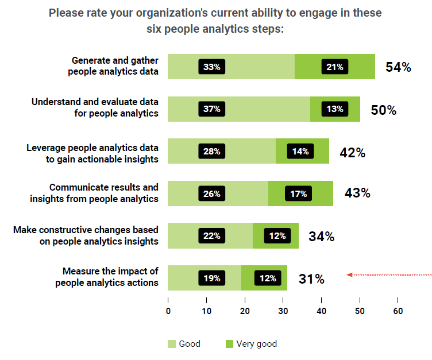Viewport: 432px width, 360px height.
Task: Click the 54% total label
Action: pos(398,67)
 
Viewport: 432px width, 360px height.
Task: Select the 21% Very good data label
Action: pos(334,67)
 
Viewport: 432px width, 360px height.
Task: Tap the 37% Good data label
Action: pos(211,109)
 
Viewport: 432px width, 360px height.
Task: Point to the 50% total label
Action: pos(383,110)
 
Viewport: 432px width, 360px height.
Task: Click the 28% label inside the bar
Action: pos(211,152)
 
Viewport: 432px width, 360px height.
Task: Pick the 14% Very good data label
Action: pos(300,152)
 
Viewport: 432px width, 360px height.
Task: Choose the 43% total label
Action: pos(357,193)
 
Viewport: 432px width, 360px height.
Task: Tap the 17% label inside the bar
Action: pos(298,194)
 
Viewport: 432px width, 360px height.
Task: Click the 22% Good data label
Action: pos(211,236)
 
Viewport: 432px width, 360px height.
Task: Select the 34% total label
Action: pos(321,236)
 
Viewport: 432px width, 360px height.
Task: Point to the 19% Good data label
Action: pos(211,278)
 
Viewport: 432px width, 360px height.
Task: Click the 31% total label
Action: pos(311,279)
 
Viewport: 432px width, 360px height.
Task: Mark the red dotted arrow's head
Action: pos(349,275)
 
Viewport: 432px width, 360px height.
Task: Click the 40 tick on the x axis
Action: pos(321,311)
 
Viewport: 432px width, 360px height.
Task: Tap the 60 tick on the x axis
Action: pos(398,311)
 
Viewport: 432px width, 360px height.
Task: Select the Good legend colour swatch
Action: pos(172,344)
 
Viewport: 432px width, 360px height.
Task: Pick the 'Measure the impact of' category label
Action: pos(110,271)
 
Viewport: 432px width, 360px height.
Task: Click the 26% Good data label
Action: pos(211,194)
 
